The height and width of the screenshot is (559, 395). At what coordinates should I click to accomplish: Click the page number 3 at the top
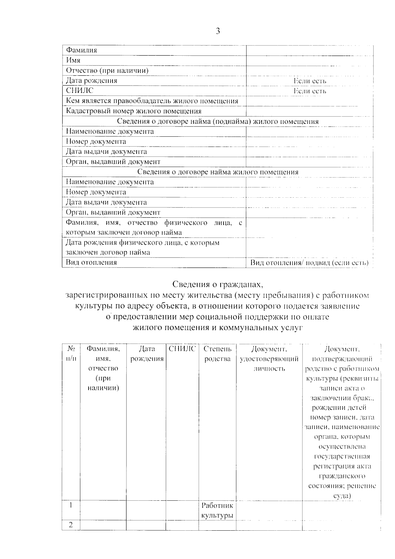pos(218,31)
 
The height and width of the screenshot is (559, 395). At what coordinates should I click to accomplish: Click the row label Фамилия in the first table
pos(82,50)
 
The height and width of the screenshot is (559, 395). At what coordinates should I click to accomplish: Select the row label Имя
pos(73,60)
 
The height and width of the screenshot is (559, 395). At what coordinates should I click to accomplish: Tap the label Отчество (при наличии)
pos(107,70)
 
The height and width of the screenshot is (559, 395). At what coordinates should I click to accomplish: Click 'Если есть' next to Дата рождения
pos(310,81)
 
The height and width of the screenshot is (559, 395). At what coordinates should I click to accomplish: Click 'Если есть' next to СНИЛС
pos(310,91)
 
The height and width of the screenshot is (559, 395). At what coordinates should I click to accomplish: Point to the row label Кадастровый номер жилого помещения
pos(134,111)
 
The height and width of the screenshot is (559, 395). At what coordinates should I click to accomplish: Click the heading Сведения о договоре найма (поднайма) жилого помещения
pos(218,122)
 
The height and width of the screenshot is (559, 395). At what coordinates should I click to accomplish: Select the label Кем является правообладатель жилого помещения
pos(152,101)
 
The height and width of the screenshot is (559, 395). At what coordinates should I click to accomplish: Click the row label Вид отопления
pos(92,263)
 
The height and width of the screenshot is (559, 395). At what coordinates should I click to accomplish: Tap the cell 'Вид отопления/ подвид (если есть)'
pos(309,263)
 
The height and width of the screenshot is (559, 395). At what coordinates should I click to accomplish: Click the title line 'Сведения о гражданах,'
pos(218,284)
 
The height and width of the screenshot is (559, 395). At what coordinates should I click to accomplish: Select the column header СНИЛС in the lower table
pos(182,349)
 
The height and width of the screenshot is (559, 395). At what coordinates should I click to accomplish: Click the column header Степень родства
pos(217,354)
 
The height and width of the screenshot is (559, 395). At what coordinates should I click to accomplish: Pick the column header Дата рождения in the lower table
pos(147,354)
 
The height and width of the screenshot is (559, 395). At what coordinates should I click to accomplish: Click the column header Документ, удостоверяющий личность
pos(269,359)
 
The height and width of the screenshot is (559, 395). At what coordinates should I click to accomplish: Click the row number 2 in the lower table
pos(71,525)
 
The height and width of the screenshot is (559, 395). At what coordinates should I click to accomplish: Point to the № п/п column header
pos(71,354)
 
